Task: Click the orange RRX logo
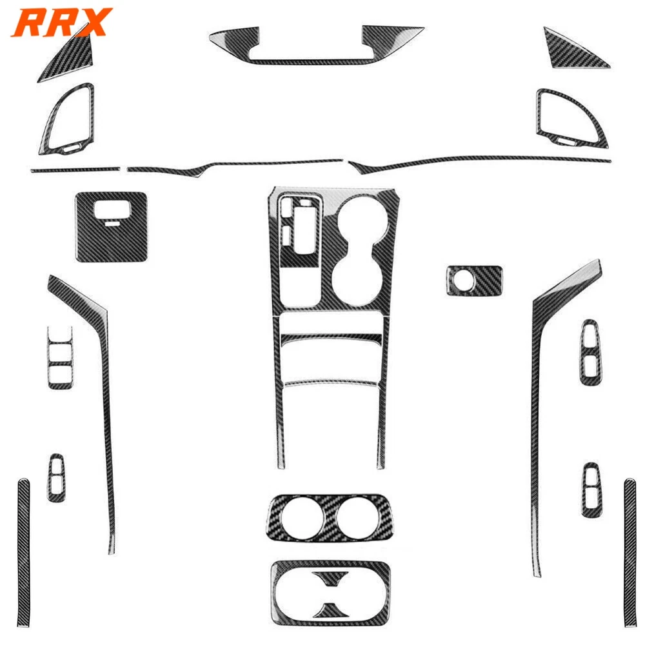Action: pyautogui.click(x=62, y=22)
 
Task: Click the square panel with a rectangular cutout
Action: pyautogui.click(x=111, y=247)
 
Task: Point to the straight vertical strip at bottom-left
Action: pyautogui.click(x=24, y=553)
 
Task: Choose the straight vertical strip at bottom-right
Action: pyautogui.click(x=630, y=553)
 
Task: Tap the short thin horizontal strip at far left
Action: pyautogui.click(x=75, y=169)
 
